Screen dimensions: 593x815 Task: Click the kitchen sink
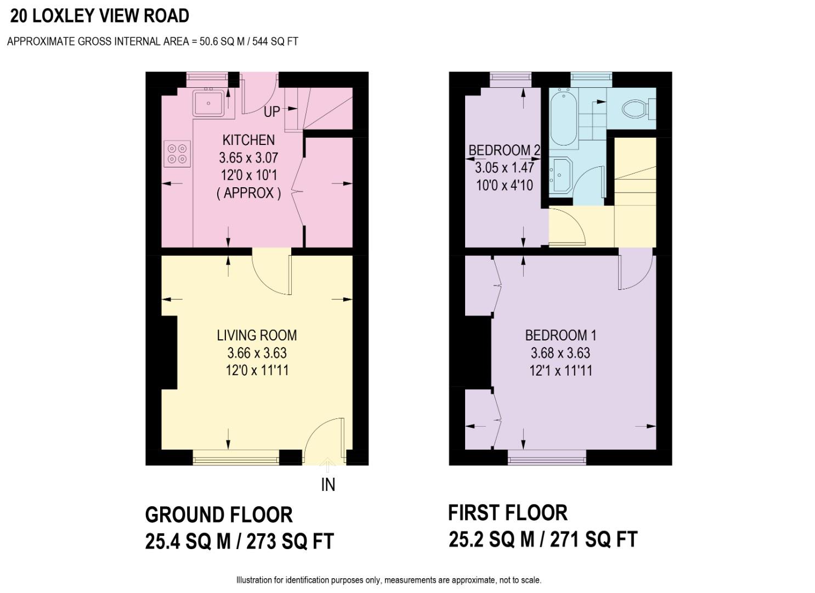(208, 103)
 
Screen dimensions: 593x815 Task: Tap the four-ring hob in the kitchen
(177, 154)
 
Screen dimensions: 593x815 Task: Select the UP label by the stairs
(272, 111)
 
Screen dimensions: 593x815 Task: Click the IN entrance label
(328, 485)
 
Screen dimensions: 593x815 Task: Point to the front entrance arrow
(328, 466)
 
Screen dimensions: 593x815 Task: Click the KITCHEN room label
(248, 140)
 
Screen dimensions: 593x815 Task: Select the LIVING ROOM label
(257, 335)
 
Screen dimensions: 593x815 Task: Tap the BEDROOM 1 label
(561, 335)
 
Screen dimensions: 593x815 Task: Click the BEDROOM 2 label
(504, 150)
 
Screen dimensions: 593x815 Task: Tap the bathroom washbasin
(562, 175)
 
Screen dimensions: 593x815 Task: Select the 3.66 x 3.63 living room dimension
(257, 353)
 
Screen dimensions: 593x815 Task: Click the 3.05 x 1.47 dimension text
(504, 167)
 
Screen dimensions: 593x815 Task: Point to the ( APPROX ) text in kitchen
(248, 193)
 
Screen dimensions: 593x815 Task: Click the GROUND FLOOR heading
(219, 515)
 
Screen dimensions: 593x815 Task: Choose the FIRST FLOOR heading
(507, 513)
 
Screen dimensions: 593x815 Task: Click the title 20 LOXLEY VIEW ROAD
(100, 16)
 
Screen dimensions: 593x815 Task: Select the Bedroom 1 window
(547, 457)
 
